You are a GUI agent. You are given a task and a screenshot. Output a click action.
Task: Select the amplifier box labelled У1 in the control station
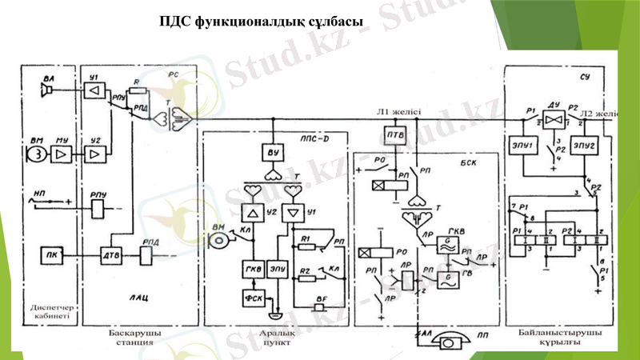point(94,90)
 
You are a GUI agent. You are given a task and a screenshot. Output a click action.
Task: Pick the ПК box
point(50,256)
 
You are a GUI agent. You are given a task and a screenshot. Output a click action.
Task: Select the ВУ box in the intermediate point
point(273,153)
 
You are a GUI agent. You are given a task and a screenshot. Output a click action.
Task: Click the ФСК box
point(251,298)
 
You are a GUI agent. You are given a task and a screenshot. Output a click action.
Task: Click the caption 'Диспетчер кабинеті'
point(46,311)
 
